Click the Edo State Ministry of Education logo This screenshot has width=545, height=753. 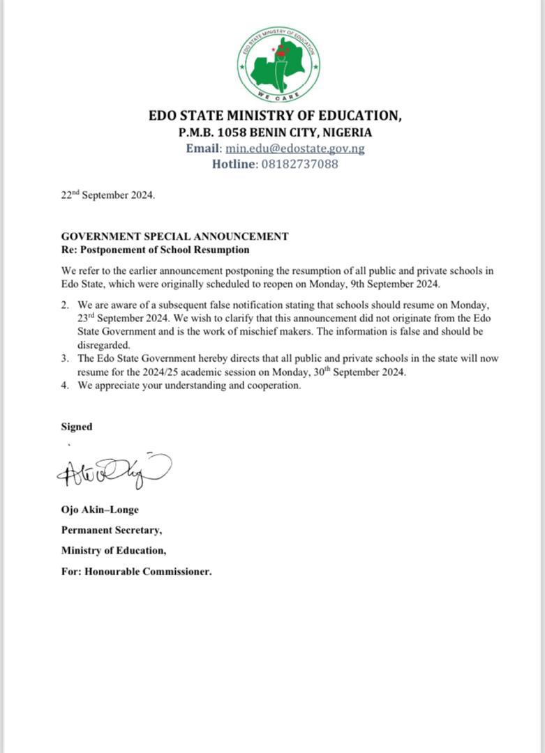pyautogui.click(x=278, y=64)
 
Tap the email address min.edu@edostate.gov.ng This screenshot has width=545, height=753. pyautogui.click(x=295, y=149)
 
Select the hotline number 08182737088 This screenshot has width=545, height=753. pyautogui.click(x=299, y=165)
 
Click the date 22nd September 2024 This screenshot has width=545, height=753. pyautogui.click(x=107, y=195)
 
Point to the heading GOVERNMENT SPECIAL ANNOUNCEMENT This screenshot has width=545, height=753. pyautogui.click(x=174, y=236)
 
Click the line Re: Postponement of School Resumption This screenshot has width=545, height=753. pyautogui.click(x=155, y=250)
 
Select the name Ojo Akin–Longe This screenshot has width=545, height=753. pyautogui.click(x=100, y=510)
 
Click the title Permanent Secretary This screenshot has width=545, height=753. pyautogui.click(x=111, y=530)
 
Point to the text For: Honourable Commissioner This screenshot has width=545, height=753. pyautogui.click(x=136, y=572)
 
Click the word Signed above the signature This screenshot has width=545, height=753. pyautogui.click(x=76, y=427)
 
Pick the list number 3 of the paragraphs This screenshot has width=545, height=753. pyautogui.click(x=64, y=358)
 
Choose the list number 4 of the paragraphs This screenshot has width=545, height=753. pyautogui.click(x=64, y=386)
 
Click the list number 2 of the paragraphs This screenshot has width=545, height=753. pyautogui.click(x=64, y=305)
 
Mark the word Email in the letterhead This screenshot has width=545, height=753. pyautogui.click(x=203, y=149)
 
